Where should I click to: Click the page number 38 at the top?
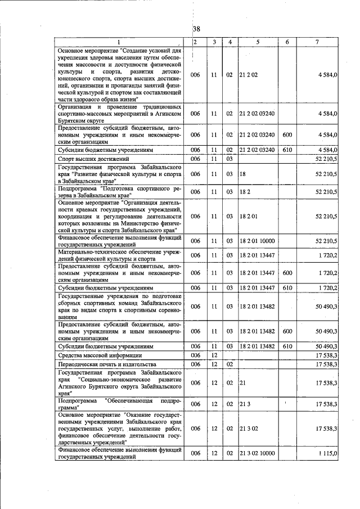pyautogui.click(x=196, y=29)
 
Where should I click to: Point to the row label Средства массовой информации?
pyautogui.click(x=94, y=355)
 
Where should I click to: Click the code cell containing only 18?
pyautogui.click(x=242, y=174)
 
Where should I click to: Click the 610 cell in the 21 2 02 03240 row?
pyautogui.click(x=287, y=150)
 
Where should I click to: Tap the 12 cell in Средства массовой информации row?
pyautogui.click(x=214, y=355)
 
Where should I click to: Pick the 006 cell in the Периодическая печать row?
pyautogui.click(x=195, y=365)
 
